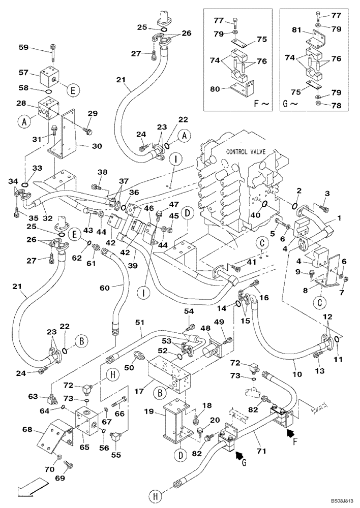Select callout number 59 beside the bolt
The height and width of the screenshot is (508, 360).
38,48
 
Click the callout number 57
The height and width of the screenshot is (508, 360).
38,73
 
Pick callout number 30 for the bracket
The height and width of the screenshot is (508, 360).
97,146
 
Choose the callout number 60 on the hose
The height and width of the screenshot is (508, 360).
104,288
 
